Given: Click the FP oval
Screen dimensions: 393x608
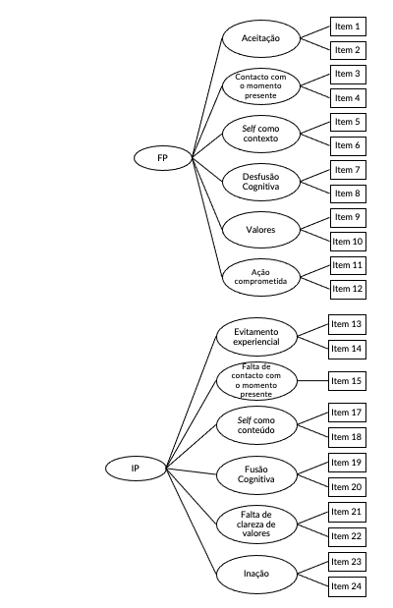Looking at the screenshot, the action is point(163,158).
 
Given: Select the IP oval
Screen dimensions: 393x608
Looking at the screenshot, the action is point(136,469).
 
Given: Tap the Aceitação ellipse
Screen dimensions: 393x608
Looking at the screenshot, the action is point(261,38).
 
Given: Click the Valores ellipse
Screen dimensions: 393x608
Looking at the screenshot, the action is point(261,230).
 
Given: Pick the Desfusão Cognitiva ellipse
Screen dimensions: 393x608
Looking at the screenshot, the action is point(261,182).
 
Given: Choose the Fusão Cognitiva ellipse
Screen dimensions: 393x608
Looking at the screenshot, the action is point(256,474).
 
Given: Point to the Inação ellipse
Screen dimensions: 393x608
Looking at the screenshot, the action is point(256,574).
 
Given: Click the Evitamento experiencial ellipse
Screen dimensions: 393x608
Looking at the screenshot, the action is point(256,337).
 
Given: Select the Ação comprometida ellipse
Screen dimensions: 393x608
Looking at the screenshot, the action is point(261,277).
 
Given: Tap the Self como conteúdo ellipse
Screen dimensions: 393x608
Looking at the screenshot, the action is point(256,425).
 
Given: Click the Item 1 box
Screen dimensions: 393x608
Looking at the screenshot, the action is point(348,27).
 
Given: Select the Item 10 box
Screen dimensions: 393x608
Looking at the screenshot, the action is point(348,242).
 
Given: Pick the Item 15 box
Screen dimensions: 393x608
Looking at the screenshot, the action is point(347,381).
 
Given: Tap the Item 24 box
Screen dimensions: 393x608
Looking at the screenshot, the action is point(347,586).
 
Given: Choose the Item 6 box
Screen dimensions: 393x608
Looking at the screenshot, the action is point(348,145).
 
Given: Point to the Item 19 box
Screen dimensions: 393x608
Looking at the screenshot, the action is point(347,463).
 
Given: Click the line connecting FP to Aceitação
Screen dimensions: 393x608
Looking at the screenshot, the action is point(207,98).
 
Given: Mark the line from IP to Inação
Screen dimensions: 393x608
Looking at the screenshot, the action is point(192,522).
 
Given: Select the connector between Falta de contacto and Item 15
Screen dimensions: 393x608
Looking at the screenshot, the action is point(312,381).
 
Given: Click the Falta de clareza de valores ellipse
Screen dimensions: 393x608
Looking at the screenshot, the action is point(256,525).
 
